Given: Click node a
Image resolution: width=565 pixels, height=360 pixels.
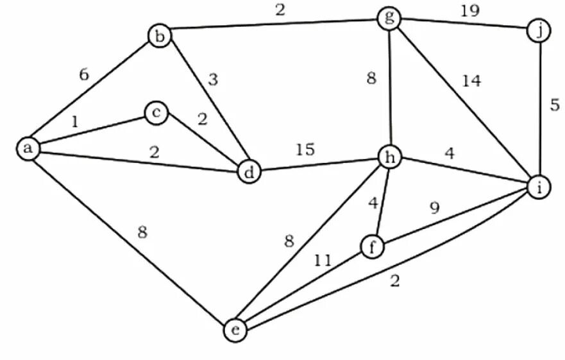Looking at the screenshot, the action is (28, 148).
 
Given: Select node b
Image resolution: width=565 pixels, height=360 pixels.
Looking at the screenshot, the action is (159, 35).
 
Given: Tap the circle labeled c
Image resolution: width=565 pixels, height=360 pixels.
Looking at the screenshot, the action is (156, 114).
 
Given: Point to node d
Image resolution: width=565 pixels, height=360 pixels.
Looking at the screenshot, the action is (249, 171).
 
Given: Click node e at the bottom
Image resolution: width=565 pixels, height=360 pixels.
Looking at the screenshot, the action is (235, 330).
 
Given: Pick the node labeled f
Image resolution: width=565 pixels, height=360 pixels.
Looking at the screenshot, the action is (372, 246).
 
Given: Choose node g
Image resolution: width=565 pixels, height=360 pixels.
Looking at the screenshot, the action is (389, 18).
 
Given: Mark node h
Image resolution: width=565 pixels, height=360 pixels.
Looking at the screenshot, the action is (389, 156).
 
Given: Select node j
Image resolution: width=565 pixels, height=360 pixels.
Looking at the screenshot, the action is (539, 30).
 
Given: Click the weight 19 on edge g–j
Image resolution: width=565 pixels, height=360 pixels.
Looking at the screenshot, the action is (469, 10).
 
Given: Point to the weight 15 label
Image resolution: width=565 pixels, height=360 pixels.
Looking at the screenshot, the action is (305, 150).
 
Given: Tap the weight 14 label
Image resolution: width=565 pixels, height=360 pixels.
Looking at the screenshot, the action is (471, 81).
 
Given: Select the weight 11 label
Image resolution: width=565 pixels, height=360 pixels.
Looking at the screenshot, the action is (323, 261).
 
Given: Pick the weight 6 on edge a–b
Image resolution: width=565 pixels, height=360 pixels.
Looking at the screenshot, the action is (84, 74).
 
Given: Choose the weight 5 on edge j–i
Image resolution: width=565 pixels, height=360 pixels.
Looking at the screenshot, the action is (555, 106).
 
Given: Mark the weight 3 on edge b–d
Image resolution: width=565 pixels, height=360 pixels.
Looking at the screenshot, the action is (213, 80).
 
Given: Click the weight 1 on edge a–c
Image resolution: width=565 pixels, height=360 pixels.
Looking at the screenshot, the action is (75, 120).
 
